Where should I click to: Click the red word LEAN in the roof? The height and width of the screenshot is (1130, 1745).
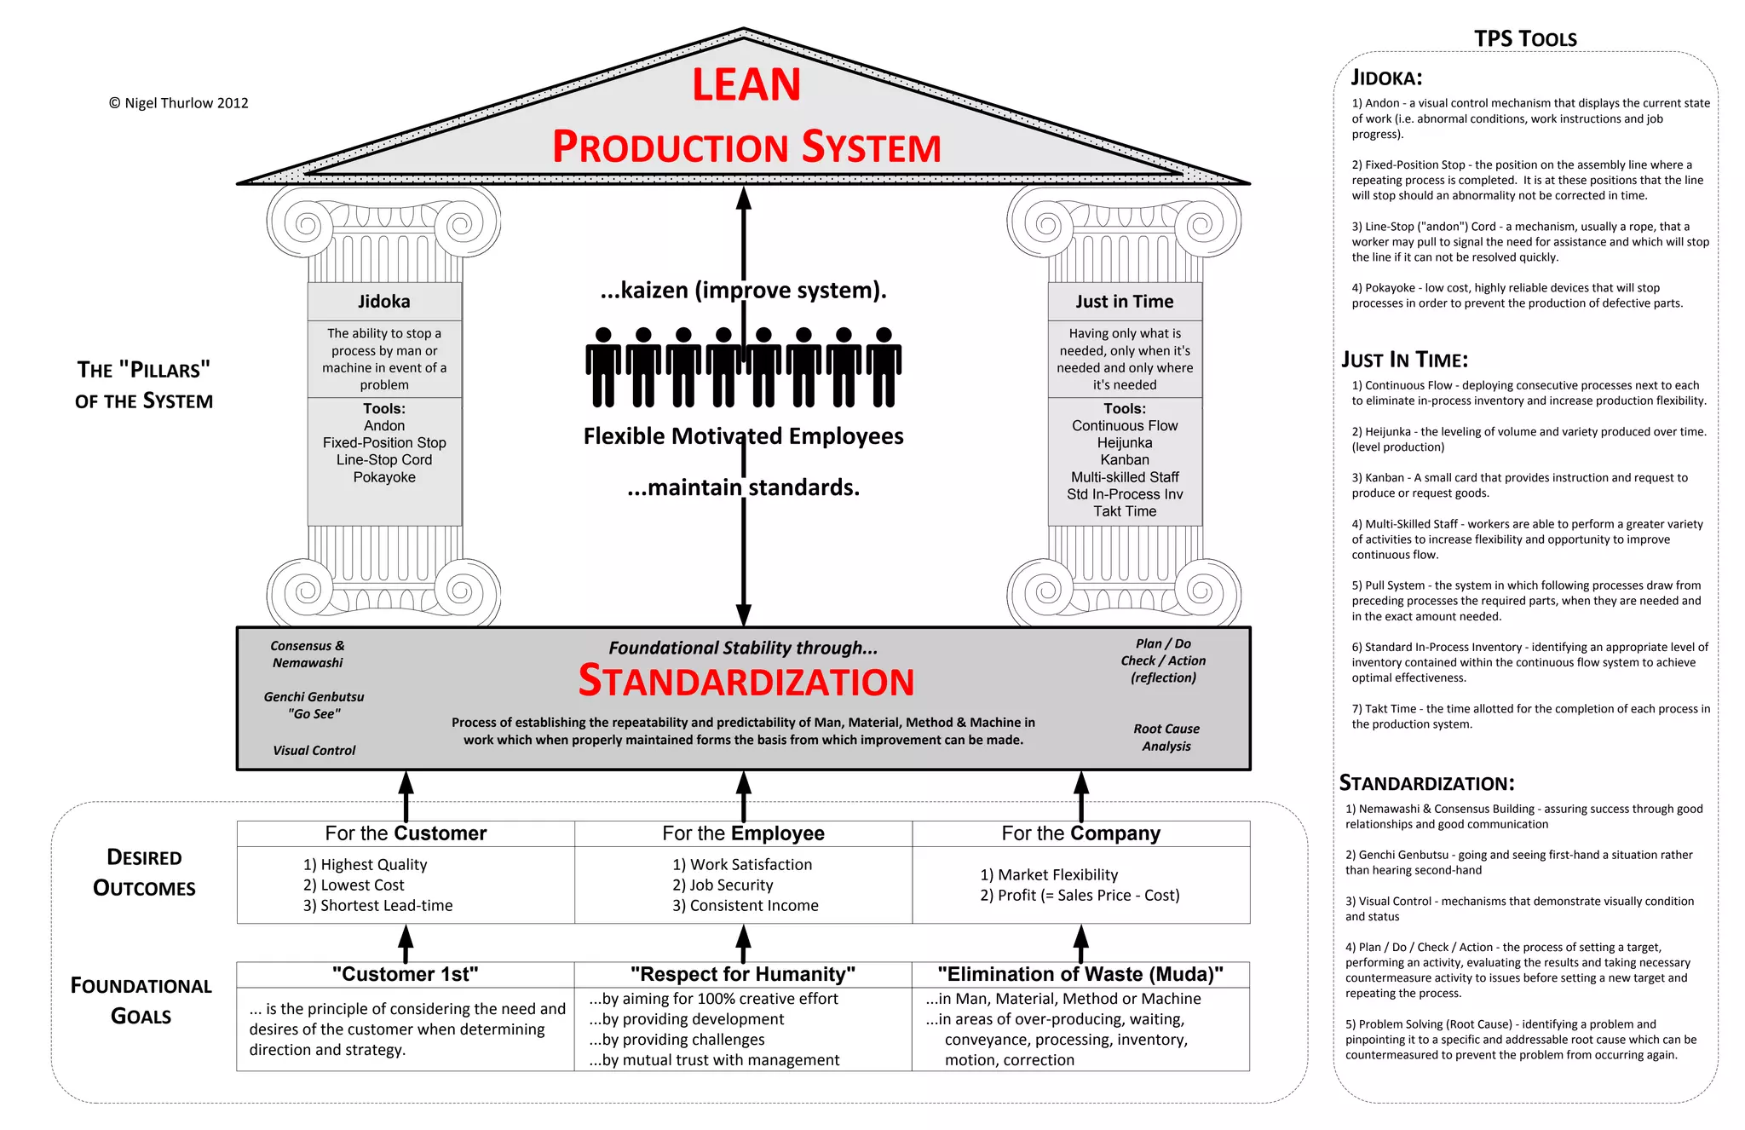coord(746,85)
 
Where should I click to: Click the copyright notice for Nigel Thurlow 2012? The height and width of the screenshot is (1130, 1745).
coord(178,103)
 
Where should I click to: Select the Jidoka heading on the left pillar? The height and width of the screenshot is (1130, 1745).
coord(383,302)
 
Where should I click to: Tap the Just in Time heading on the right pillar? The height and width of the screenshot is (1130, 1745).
coord(1124,302)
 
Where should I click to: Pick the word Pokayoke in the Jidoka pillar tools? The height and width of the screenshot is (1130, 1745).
coord(384,477)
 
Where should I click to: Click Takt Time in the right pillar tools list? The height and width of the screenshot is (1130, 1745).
coord(1125,511)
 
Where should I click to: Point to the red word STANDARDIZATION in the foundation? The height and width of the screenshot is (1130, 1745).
coord(746,682)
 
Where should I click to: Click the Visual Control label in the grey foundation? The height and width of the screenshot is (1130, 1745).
coord(314,750)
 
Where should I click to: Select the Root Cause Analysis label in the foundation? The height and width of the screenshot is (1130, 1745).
coord(1166,737)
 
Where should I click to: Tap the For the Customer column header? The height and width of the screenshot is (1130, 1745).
coord(406,833)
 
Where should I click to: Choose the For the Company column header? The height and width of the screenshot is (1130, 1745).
coord(1080,833)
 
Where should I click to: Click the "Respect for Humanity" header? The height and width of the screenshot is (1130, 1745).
coord(743,974)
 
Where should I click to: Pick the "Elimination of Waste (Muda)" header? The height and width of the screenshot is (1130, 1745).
coord(1080,974)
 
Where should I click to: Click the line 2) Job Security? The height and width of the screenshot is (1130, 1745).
coord(723,885)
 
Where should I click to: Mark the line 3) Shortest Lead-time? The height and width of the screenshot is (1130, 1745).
coord(377,906)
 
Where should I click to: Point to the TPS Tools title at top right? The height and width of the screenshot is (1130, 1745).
coord(1525,39)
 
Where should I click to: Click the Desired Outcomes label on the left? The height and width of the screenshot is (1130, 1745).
coord(144,873)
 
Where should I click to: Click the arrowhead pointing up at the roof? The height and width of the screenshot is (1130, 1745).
coord(744,198)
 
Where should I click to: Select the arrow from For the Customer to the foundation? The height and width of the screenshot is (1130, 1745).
coord(406,795)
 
